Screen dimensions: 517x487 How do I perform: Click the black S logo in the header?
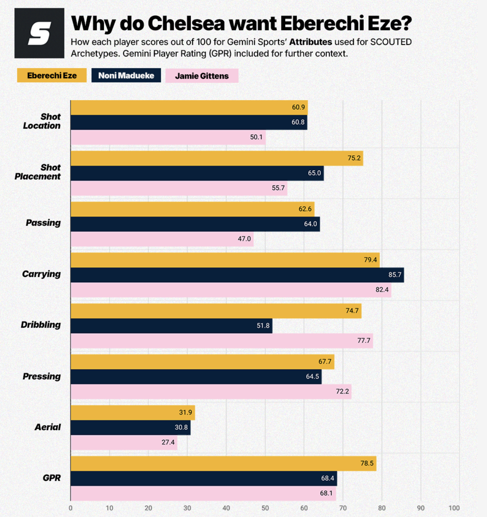39,33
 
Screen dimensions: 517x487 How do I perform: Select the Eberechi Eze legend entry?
52,75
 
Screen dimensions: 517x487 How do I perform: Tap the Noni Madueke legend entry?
126,75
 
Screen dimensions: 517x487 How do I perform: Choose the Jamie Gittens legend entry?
202,76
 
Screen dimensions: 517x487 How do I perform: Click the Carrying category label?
41,274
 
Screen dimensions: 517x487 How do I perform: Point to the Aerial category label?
47,427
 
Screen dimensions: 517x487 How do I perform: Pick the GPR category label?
51,478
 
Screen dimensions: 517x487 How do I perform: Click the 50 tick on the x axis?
265,508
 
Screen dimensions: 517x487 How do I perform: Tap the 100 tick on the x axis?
454,508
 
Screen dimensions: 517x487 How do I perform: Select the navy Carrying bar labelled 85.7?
237,275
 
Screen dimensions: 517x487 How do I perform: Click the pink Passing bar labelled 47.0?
162,239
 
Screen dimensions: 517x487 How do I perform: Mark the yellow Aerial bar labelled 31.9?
133,413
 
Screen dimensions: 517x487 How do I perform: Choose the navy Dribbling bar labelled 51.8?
171,326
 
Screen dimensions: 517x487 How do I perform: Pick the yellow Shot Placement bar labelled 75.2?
217,158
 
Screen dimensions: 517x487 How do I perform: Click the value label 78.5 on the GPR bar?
367,463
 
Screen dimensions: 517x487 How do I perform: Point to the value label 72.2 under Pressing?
342,391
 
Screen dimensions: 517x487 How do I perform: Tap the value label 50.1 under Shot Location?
256,137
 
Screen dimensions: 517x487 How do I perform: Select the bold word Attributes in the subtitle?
311,42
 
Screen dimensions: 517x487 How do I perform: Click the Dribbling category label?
41,325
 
